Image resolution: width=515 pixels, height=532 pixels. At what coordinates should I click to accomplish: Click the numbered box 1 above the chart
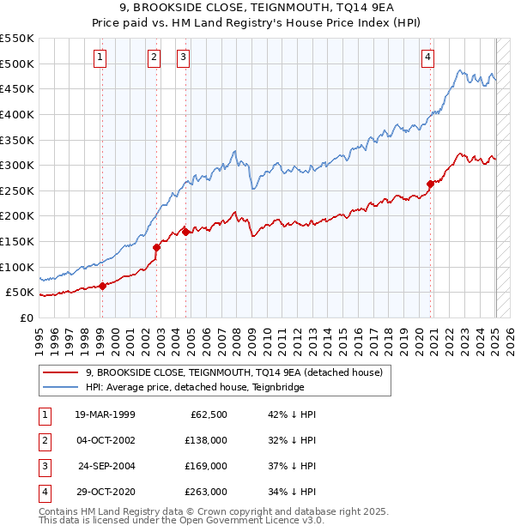coord(100,57)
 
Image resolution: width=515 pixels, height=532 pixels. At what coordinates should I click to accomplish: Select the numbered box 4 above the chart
coord(427,57)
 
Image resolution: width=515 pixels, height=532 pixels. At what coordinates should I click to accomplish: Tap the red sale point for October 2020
coord(430,183)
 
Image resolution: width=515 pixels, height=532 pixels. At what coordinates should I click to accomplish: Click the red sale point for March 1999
coord(102,286)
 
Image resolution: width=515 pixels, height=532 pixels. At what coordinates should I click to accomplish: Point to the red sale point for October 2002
coord(156,247)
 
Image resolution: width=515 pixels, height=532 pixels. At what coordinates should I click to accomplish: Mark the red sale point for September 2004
coord(185,232)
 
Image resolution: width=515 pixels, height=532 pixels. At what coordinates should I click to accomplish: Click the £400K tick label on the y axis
coord(17,114)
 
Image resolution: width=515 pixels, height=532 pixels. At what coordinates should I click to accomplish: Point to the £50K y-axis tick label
coord(21,293)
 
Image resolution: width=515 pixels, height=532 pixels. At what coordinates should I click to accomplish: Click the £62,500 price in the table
coord(206,414)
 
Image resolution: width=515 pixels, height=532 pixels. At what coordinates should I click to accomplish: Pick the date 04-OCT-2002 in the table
coord(106,440)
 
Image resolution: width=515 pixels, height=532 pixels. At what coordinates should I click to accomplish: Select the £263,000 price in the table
coord(206,492)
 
